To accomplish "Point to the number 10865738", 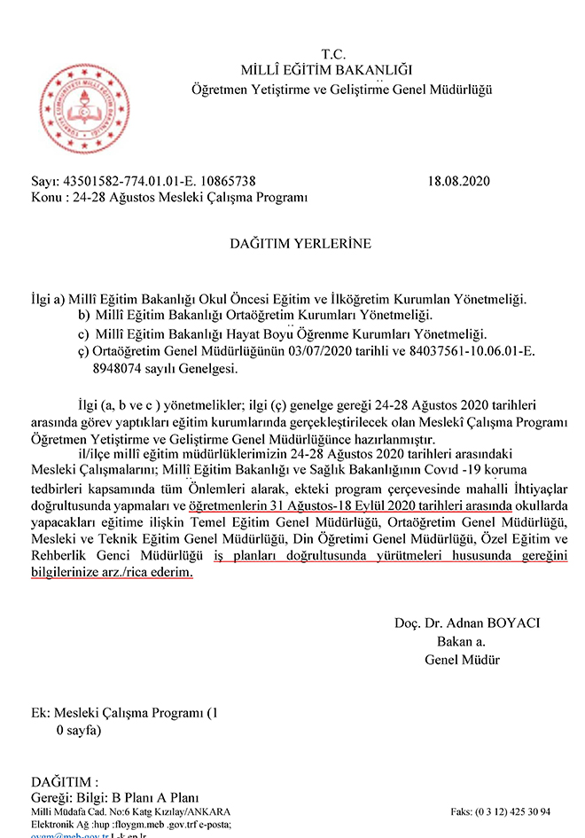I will click(227, 181).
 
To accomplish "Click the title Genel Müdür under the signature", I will click(462, 660).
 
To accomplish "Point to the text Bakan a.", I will click(461, 641).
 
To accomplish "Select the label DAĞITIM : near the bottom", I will click(63, 782).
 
